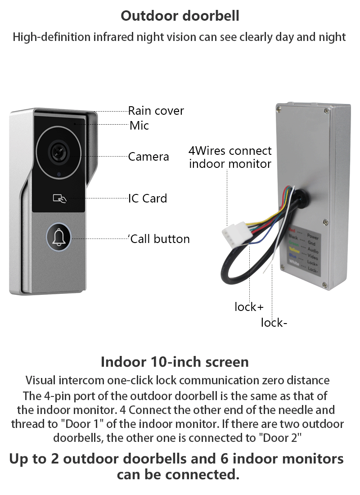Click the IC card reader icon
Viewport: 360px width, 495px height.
(x=59, y=198)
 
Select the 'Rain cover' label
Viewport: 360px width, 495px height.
(x=156, y=111)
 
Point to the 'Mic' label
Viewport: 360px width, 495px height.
(x=139, y=126)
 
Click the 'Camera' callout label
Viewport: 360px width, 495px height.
(x=148, y=157)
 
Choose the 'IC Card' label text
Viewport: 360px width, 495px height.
(x=148, y=198)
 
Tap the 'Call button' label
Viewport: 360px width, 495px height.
(x=160, y=239)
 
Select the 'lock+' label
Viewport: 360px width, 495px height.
(x=249, y=307)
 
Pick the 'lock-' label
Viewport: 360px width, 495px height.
(x=274, y=323)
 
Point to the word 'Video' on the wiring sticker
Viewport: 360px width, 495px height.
(x=312, y=257)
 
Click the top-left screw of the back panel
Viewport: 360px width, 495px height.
(x=279, y=108)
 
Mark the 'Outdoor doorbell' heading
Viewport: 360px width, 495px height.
(x=180, y=16)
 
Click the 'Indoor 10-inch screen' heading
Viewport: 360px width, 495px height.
(x=175, y=362)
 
